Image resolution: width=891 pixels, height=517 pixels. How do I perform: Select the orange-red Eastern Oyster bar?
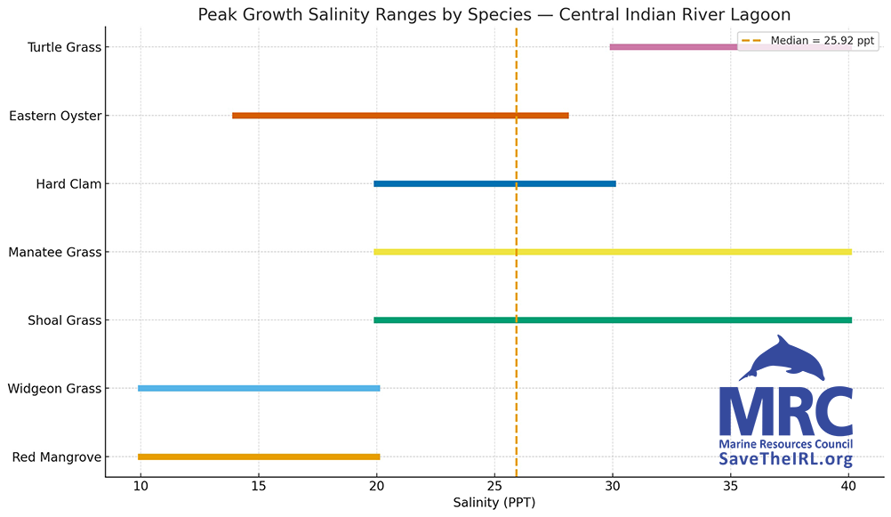pos(400,116)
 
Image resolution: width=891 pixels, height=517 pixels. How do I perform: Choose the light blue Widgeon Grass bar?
pos(259,389)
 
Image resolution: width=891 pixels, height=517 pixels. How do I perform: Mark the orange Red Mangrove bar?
pos(259,456)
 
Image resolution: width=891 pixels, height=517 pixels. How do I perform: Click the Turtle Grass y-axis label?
pos(64,47)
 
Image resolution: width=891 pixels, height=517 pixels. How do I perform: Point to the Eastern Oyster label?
pos(55,116)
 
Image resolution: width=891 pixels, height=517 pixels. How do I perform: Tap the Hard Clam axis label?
pos(68,184)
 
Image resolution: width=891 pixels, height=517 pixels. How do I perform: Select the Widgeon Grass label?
pos(54,389)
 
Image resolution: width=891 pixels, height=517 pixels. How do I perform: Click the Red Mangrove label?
pos(57,457)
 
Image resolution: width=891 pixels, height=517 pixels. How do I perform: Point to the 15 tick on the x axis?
pos(258,487)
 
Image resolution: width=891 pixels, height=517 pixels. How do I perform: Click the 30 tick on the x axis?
pos(612,487)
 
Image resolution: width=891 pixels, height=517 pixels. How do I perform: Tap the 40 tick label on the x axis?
pos(848,487)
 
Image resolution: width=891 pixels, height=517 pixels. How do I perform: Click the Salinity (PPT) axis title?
pos(494,503)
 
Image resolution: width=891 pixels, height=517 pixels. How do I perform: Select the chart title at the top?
pos(494,14)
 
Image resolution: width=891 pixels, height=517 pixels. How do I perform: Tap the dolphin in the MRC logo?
pos(783,358)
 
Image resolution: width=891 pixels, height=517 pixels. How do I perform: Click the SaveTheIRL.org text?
pos(785,459)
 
